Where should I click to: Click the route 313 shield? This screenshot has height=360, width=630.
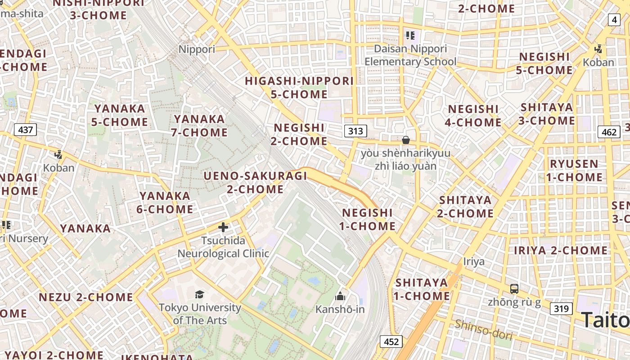tap(355, 131)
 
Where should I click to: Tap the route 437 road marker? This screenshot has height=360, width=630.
tap(25, 130)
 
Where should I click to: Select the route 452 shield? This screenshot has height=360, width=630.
tap(391, 342)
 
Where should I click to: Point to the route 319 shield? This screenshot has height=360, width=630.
tap(561, 309)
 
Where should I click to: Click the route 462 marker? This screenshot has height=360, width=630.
tap(609, 132)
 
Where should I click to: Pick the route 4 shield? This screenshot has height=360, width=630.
tap(615, 19)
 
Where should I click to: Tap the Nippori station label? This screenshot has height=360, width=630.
tap(197, 49)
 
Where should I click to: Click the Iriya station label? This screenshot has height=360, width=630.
tap(474, 261)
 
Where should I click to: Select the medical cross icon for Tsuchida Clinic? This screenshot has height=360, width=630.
tap(223, 227)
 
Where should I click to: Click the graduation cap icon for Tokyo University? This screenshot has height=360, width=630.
tap(199, 294)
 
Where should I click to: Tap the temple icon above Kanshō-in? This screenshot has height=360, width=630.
tap(340, 296)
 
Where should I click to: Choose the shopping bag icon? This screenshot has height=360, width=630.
tap(406, 140)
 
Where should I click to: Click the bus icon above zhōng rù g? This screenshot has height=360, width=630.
tap(514, 288)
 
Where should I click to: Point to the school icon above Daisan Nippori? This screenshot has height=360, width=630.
tap(410, 35)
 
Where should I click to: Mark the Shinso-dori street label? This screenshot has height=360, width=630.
tap(483, 330)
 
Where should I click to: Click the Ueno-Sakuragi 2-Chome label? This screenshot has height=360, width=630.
tap(255, 182)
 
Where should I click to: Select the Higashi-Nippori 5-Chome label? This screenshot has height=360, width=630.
tap(299, 88)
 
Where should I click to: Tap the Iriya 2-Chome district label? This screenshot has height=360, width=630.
tap(561, 250)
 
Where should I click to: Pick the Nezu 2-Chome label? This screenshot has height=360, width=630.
tap(86, 297)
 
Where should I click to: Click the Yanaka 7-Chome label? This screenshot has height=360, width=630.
tap(199, 126)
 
